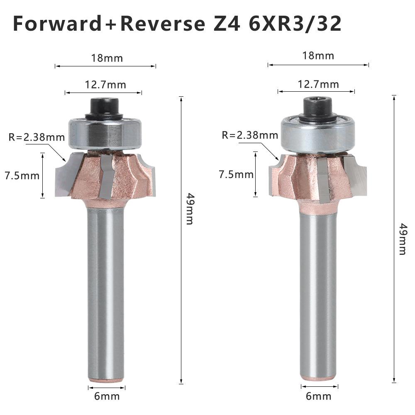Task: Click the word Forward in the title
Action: point(57,24)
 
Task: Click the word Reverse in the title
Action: point(162,24)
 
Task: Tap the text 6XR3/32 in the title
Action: point(295,24)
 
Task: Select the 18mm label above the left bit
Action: point(107,58)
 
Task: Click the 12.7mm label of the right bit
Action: point(318,85)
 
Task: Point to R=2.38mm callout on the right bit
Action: point(250,135)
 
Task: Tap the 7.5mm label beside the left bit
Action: point(22,176)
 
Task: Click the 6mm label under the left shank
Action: point(107,396)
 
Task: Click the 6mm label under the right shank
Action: point(319,396)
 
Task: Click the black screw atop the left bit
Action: point(104,107)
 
